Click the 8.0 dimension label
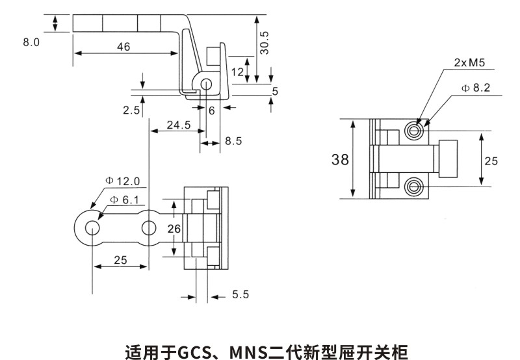click(x=31, y=42)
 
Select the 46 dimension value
click(x=123, y=46)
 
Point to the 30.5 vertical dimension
click(x=264, y=43)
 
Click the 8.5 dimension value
click(x=233, y=141)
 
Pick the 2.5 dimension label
click(x=131, y=110)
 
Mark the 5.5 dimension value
click(x=240, y=295)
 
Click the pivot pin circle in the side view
click(x=206, y=84)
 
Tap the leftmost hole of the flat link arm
click(x=92, y=228)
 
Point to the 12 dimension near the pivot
click(x=237, y=71)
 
